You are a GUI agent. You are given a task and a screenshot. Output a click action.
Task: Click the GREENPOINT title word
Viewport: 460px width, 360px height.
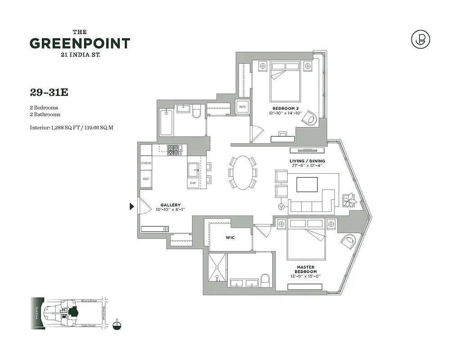click(80, 44)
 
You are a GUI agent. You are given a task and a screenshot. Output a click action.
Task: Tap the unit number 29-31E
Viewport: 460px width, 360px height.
click(49, 92)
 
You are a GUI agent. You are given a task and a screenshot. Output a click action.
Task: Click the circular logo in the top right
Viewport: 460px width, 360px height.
click(420, 40)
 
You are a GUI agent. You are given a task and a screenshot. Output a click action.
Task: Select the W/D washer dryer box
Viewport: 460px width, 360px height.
click(242, 107)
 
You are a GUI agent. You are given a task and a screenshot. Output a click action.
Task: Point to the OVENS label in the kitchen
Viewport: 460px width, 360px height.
click(146, 163)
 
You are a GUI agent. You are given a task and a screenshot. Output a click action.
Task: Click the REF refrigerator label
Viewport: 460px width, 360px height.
click(146, 179)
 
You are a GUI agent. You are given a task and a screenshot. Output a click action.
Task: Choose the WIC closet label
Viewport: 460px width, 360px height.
click(230, 237)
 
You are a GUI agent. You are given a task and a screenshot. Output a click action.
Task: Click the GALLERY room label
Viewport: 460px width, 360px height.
click(171, 205)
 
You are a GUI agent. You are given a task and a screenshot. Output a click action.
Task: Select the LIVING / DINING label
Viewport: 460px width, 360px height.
click(307, 161)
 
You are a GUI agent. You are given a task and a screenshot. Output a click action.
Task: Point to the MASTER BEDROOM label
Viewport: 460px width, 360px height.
click(306, 270)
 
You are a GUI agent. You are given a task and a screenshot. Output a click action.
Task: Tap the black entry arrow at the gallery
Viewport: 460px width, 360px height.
click(132, 207)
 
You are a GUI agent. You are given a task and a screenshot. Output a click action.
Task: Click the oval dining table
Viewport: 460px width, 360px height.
click(243, 172)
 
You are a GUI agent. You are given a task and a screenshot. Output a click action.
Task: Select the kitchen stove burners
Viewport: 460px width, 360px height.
click(174, 150)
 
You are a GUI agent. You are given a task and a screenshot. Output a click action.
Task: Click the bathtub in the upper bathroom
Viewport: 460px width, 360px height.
click(166, 121)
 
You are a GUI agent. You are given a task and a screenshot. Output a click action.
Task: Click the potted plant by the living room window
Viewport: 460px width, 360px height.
click(349, 200)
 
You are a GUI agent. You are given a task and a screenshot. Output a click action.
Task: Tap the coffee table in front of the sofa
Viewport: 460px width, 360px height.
click(307, 184)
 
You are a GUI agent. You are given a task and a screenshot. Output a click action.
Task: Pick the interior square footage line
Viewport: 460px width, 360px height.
click(72, 127)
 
